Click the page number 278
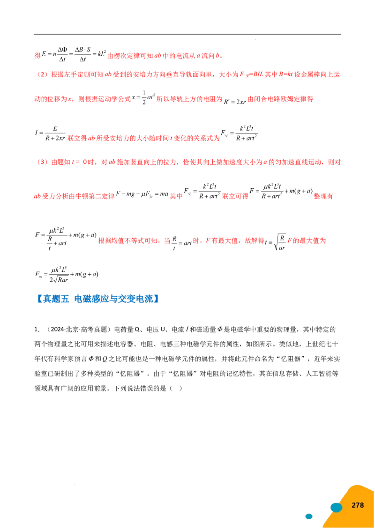(358, 505)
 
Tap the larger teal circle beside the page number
(336, 508)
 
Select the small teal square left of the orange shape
(309, 516)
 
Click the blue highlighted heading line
(99, 298)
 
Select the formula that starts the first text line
(70, 55)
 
